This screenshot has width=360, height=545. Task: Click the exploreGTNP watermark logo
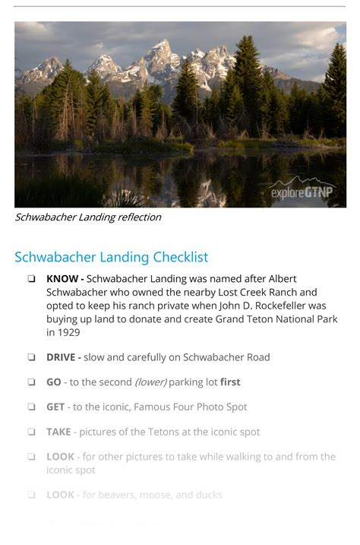point(302,191)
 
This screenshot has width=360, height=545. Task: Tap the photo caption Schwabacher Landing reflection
point(88,217)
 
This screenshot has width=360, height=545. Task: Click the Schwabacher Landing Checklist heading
point(111,257)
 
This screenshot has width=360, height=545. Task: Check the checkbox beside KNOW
point(31,279)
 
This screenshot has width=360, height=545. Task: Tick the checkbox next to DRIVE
point(31,357)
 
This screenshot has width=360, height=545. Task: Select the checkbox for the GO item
point(31,382)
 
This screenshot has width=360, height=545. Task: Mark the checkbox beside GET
point(31,407)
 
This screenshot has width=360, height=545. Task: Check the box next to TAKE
point(31,433)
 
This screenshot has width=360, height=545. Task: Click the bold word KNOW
point(62,279)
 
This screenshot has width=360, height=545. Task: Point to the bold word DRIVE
point(62,357)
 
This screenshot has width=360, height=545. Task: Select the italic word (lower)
point(150,382)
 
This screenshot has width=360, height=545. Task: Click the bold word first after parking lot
point(230,382)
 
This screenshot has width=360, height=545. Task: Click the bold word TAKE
point(58,433)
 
